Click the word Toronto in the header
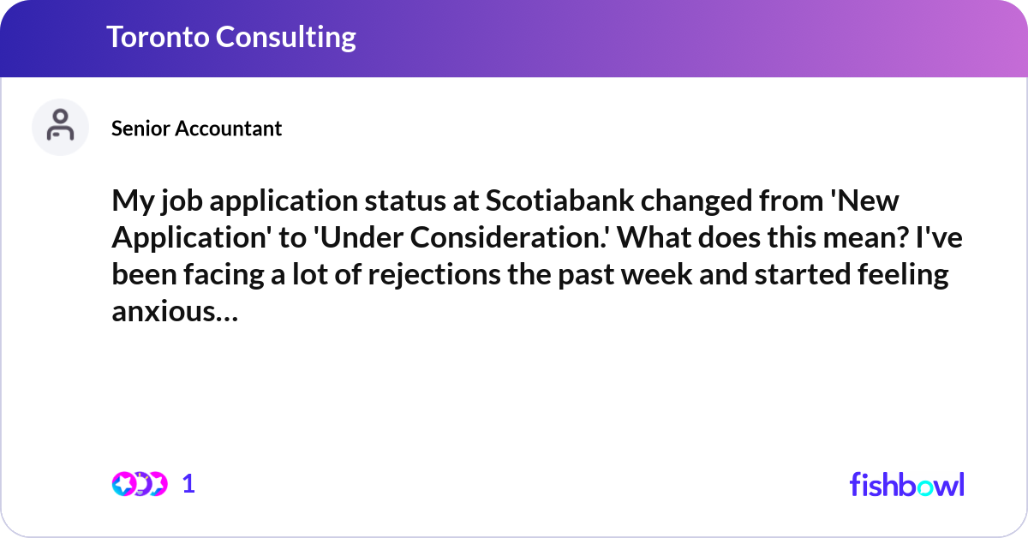tap(157, 37)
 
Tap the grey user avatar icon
tap(60, 127)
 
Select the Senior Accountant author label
tap(196, 129)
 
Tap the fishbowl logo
tap(906, 484)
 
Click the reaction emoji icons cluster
tap(139, 484)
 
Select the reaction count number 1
tap(188, 484)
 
